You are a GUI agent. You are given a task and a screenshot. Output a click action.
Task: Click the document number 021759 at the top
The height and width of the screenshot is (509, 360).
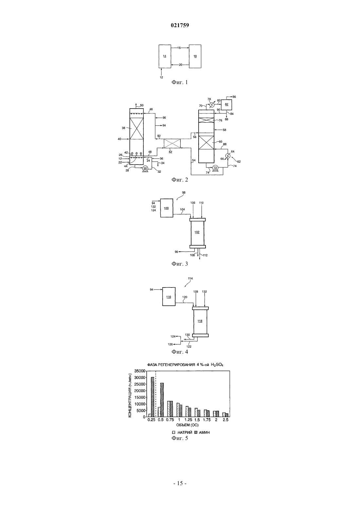(x=180, y=26)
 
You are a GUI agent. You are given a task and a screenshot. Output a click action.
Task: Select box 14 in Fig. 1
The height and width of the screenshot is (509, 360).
(x=165, y=56)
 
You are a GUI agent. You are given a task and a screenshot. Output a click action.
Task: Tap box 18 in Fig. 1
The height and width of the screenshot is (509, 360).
(x=195, y=56)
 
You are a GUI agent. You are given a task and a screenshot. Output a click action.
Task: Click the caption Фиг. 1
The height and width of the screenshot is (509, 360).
(x=180, y=82)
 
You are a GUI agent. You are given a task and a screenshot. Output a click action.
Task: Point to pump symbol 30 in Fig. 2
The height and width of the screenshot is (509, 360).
(x=145, y=168)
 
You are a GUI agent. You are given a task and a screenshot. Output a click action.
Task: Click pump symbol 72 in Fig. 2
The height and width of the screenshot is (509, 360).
(x=215, y=168)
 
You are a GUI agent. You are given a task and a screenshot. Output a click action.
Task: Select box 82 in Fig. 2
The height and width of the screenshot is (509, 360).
(x=226, y=105)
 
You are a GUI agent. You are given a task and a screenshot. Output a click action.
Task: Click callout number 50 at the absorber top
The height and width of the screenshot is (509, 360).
(x=142, y=105)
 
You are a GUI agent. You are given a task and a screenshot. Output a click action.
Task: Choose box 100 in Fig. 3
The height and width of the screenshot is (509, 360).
(x=167, y=208)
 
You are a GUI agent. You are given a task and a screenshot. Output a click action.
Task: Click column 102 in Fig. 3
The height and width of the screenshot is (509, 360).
(x=197, y=232)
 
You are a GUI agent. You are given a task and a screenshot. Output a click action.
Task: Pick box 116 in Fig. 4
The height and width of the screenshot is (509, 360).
(x=169, y=297)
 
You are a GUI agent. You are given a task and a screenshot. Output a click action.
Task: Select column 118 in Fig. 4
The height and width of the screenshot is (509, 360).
(x=200, y=321)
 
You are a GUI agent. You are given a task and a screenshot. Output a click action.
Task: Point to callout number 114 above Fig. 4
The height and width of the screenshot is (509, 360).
(x=190, y=278)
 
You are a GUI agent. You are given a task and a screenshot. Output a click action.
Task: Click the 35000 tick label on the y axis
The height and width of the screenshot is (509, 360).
(x=140, y=371)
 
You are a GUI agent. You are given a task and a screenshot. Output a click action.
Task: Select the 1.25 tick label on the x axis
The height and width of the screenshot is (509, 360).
(x=189, y=420)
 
